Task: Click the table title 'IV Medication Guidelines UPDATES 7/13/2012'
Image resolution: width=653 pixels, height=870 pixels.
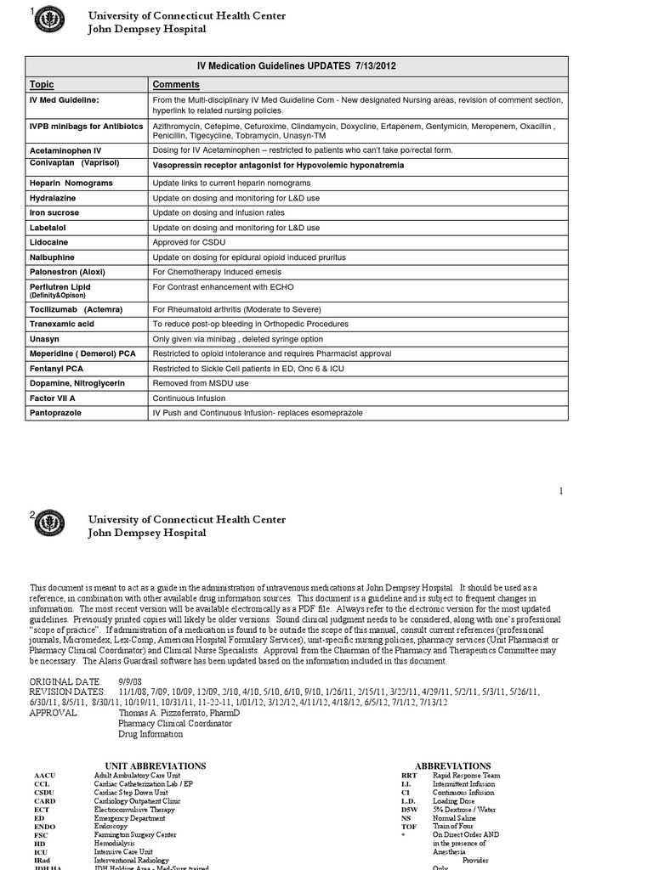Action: coord(297,65)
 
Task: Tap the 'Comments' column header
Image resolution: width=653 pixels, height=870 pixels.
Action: coord(176,84)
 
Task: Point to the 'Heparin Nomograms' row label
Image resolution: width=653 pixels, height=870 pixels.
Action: coord(67,183)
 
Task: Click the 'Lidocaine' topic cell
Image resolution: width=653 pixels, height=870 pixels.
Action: coord(49,242)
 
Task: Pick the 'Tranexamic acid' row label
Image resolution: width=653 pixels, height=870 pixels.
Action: coord(62,324)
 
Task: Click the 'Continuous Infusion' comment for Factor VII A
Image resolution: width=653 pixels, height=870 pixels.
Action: coord(189,398)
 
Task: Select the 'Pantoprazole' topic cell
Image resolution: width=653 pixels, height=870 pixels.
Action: coord(56,412)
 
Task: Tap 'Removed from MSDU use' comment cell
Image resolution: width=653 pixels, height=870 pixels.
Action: coord(201,383)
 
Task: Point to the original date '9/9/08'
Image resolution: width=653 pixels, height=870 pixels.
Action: coord(130,682)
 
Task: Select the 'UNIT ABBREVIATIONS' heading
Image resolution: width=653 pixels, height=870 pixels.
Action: coord(155,765)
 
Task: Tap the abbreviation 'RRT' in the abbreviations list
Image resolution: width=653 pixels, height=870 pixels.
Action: coord(409,776)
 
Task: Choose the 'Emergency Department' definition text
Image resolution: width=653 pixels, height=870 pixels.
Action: coord(129,818)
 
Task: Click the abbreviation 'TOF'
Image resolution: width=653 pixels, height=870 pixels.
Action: coord(409,827)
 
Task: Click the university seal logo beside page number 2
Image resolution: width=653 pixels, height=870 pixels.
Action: coord(49,523)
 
